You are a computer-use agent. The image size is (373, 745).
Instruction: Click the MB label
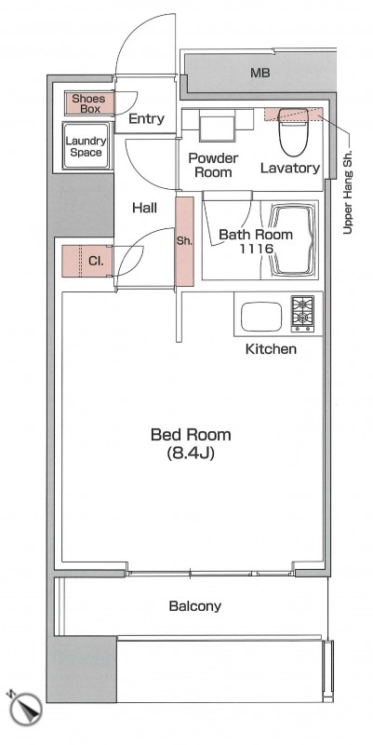(260, 74)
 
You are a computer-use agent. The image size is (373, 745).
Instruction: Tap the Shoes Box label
(88, 103)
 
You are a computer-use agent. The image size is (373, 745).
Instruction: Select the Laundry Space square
(87, 146)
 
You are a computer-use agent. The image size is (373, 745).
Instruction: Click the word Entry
(147, 118)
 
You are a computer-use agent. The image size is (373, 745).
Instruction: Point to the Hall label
(145, 208)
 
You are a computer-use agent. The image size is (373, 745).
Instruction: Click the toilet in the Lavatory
(293, 131)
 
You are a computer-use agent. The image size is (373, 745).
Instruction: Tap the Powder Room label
(213, 165)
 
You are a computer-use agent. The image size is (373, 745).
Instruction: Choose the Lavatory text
(290, 168)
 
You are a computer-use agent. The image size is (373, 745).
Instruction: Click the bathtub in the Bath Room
(291, 240)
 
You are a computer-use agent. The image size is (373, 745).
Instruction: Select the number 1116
(256, 248)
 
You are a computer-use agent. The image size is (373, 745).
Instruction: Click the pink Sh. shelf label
(184, 241)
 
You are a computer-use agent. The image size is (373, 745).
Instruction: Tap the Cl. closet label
(97, 261)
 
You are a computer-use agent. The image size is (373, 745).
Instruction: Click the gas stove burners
(301, 313)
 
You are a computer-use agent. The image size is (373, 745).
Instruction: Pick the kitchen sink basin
(261, 317)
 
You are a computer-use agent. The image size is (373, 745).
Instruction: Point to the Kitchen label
(271, 349)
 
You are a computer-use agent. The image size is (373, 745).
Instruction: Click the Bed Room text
(191, 435)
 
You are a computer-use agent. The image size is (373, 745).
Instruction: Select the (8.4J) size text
(191, 454)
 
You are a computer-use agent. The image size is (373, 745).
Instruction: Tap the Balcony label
(195, 606)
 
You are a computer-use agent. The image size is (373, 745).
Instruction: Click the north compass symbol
(24, 708)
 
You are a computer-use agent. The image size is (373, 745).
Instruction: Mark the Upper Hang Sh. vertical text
(348, 194)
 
